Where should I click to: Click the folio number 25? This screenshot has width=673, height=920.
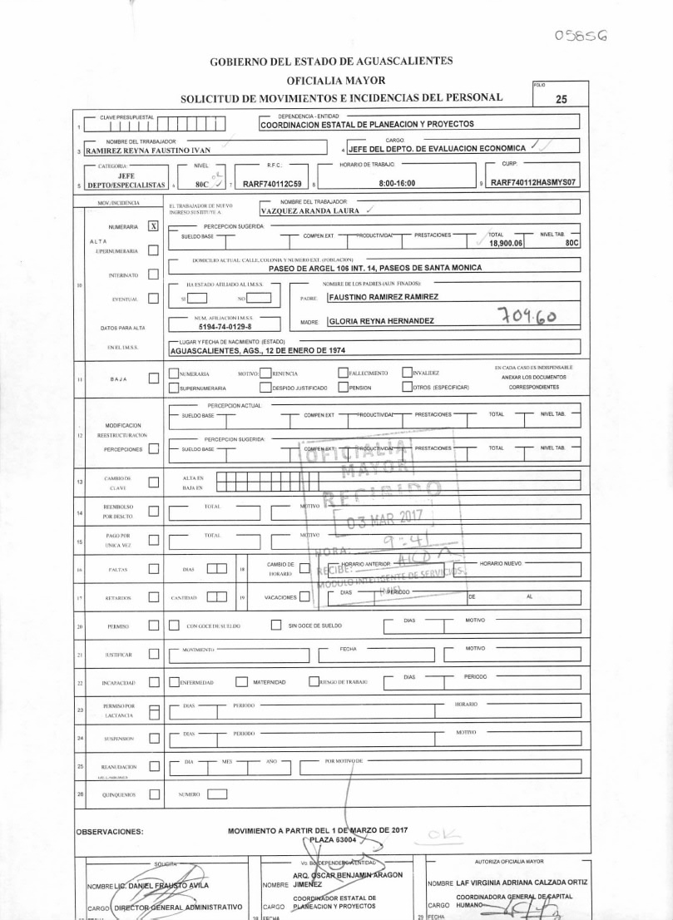(x=561, y=99)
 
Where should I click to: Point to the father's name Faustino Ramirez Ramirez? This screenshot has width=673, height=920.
(x=384, y=296)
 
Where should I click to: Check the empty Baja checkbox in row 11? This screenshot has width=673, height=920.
(x=153, y=379)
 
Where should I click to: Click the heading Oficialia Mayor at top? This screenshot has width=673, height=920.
(x=336, y=80)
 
